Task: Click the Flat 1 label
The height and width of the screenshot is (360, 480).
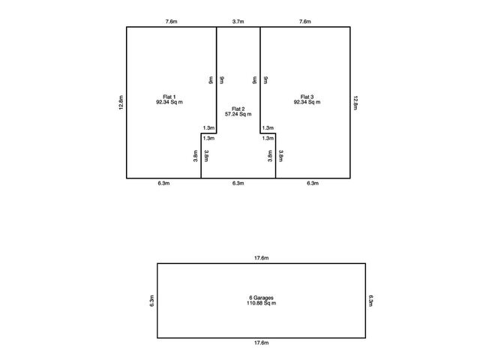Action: (169, 97)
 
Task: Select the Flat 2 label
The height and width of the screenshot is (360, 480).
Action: (238, 109)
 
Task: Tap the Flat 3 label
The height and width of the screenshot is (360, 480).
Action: (307, 97)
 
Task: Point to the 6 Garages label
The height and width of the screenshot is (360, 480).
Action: (262, 298)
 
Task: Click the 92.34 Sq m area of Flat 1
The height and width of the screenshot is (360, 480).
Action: (169, 102)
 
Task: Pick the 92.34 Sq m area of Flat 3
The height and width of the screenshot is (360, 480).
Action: (307, 102)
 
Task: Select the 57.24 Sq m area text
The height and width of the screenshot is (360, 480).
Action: (238, 114)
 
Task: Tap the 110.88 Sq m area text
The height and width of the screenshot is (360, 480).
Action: (262, 303)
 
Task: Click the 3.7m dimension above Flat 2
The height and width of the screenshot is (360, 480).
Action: (238, 22)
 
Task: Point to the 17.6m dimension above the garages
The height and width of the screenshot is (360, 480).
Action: (262, 258)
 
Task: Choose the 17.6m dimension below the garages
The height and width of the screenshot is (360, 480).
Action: (262, 343)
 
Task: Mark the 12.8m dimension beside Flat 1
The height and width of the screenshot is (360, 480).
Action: (121, 103)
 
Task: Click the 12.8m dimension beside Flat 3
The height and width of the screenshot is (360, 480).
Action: (355, 103)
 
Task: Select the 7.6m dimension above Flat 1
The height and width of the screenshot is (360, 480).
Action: (172, 22)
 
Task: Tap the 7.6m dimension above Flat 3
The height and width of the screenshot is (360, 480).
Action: (305, 22)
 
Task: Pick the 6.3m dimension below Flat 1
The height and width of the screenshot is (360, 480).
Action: (163, 183)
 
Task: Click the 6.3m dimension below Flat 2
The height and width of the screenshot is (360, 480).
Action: (238, 183)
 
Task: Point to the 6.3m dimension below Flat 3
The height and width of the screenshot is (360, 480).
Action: (313, 183)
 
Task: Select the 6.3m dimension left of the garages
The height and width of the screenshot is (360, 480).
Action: (151, 301)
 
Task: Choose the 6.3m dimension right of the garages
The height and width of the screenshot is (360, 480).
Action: (370, 301)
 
